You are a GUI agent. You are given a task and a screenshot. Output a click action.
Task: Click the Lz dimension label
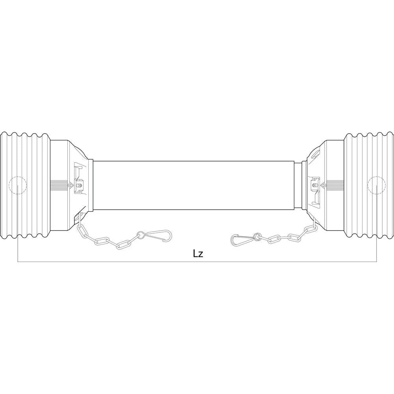point(198,254)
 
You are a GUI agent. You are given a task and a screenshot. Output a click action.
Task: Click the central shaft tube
point(193,186)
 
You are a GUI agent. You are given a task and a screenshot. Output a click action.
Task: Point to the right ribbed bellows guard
point(369,186)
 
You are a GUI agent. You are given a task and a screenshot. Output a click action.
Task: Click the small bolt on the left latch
point(80,186)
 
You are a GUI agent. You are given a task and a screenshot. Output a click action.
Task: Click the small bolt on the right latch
point(314,186)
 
